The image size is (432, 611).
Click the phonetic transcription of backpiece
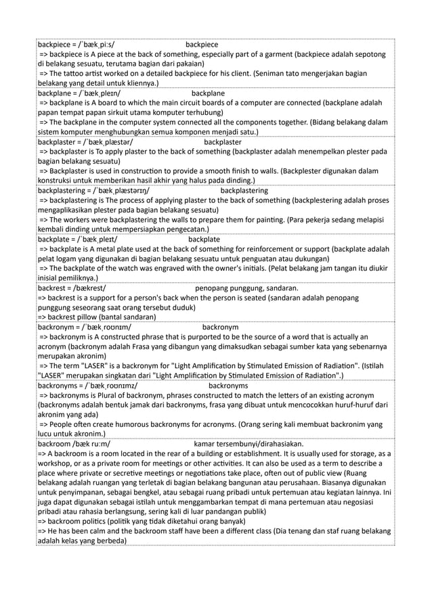point(103,45)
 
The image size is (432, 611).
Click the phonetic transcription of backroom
point(95,444)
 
